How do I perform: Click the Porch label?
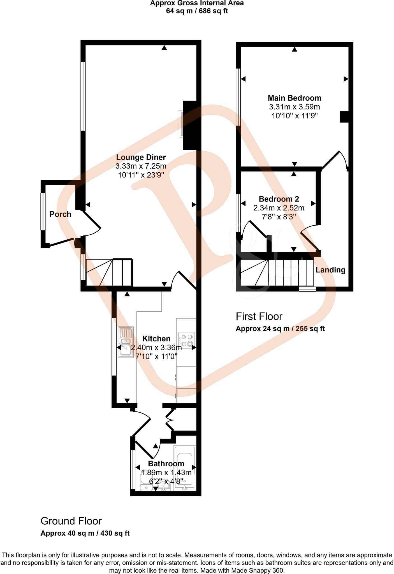[x=60, y=214]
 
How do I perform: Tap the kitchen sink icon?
[x=126, y=342]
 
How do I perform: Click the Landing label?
[x=330, y=270]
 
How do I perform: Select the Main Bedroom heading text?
[x=295, y=98]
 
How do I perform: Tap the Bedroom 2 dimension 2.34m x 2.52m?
[x=279, y=208]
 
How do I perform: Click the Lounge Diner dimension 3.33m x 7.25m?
[x=141, y=166]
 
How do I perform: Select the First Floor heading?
[x=259, y=316]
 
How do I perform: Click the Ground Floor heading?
[x=71, y=521]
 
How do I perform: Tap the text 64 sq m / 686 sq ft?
[x=197, y=11]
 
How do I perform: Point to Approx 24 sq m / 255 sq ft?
[x=280, y=329]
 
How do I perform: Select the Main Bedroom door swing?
[x=335, y=160]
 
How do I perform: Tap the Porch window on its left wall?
[x=43, y=212]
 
